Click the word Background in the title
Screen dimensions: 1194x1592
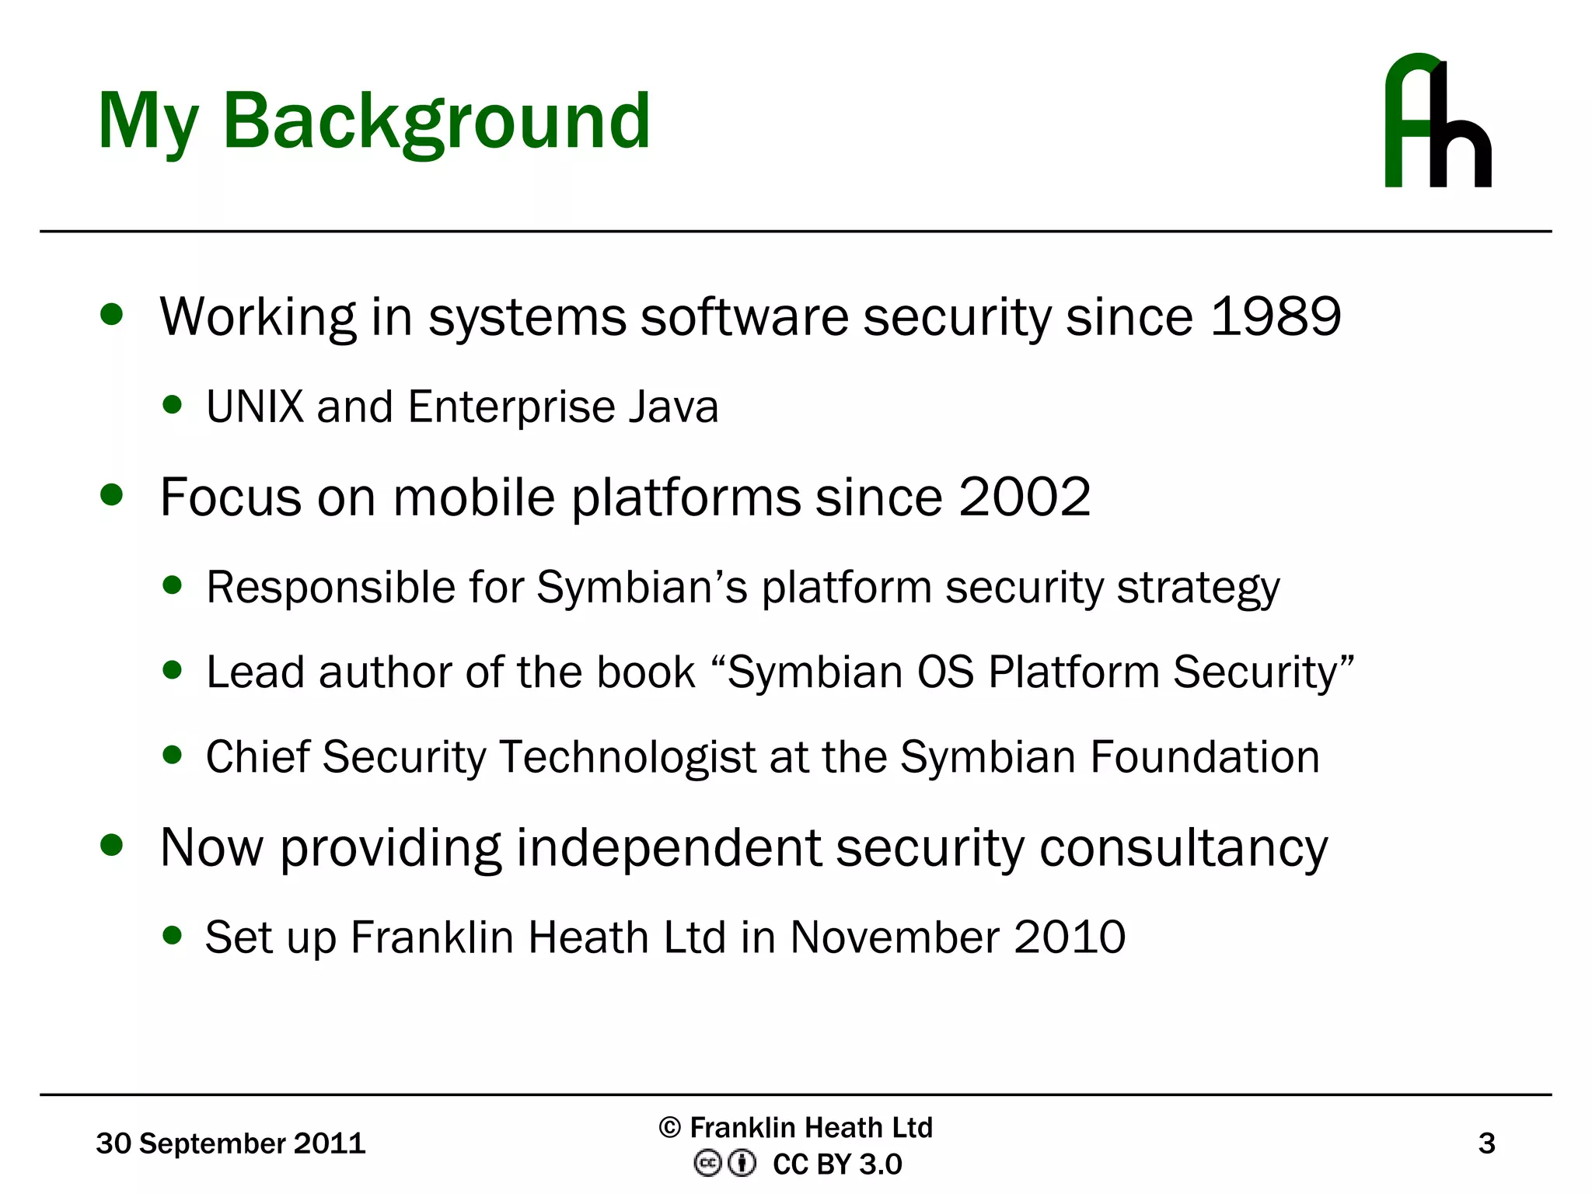pos(436,122)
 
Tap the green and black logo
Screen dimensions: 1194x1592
pos(1437,120)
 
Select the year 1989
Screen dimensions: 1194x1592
pos(1276,317)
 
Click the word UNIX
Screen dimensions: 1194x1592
pos(254,407)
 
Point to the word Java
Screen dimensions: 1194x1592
pos(673,407)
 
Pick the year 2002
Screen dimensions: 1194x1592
pos(1025,497)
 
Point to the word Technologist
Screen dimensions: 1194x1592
pos(627,758)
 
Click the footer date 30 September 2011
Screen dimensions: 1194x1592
pos(230,1143)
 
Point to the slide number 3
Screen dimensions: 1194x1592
pos(1486,1143)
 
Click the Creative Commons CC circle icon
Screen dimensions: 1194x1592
pos(707,1164)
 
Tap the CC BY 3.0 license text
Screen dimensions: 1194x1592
pos(837,1164)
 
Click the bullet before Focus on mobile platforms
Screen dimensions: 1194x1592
pos(112,495)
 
